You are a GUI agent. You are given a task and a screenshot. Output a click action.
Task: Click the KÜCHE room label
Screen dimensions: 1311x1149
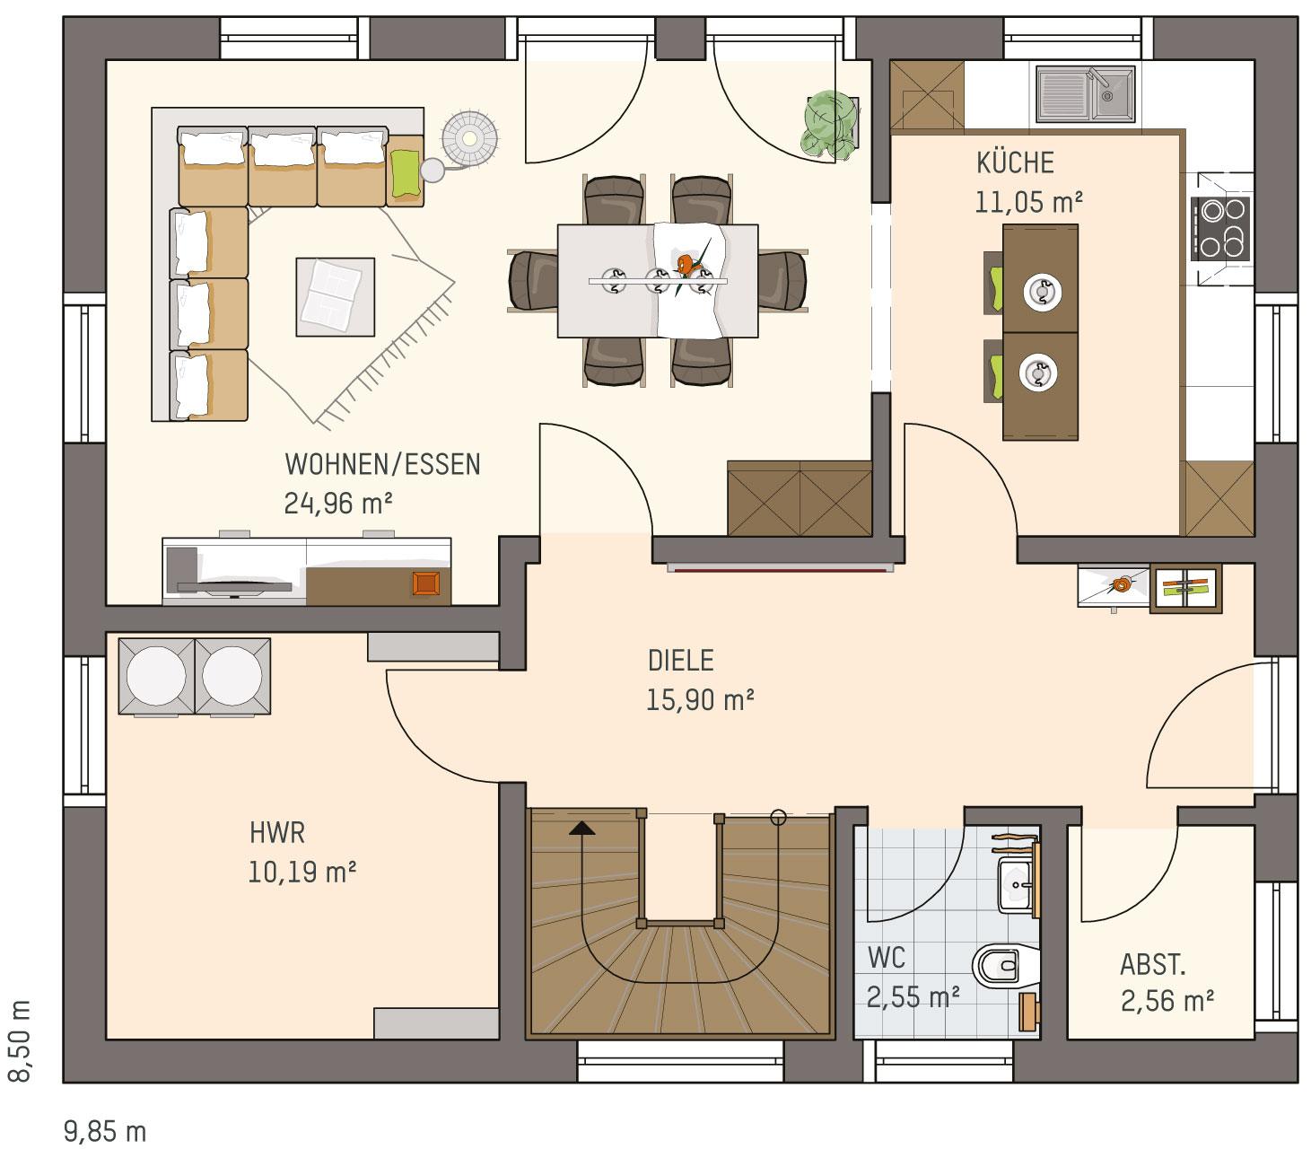(1015, 162)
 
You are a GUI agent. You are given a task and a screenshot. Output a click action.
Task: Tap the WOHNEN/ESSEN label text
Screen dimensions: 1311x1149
(382, 464)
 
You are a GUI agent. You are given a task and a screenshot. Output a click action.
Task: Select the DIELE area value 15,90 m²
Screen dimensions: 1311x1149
(700, 700)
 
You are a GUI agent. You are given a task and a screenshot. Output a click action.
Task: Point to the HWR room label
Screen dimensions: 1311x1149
(277, 832)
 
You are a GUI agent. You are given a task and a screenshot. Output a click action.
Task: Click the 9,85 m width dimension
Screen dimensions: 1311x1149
(105, 1132)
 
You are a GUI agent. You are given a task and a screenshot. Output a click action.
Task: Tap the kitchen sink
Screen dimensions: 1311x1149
(1085, 94)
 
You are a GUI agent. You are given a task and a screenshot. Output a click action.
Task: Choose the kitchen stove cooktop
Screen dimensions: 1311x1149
(1219, 229)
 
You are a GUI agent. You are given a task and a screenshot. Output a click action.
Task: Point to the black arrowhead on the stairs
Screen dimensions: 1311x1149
(581, 828)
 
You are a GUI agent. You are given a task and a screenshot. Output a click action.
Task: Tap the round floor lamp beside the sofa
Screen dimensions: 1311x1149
(470, 139)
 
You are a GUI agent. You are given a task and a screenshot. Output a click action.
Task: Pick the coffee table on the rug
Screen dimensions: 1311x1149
(336, 297)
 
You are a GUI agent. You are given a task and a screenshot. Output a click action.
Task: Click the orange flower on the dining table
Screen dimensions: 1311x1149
(686, 263)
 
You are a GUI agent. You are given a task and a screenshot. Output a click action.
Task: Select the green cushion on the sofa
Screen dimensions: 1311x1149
(405, 173)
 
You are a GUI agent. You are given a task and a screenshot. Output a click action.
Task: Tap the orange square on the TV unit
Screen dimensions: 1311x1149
(426, 583)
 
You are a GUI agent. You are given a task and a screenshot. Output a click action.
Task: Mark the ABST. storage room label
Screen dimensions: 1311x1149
(1153, 964)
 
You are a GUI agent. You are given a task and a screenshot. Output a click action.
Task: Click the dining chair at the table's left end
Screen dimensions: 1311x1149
(533, 281)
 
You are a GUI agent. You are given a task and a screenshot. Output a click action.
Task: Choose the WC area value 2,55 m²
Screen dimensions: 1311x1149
(913, 997)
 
